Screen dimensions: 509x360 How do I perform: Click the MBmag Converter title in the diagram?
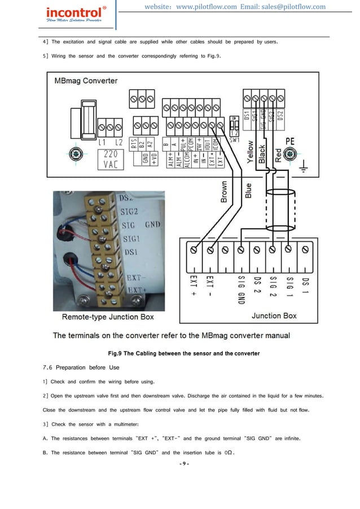[86, 81]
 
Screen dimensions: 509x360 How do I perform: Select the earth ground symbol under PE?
[305, 169]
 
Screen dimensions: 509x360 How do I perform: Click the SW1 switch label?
[235, 138]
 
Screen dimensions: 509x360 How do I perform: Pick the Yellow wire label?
[250, 152]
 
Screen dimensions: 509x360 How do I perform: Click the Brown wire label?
[223, 192]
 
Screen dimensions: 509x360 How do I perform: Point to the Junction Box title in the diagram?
[274, 316]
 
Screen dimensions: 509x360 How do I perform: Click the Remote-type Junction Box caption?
[107, 317]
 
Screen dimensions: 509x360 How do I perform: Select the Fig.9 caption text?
[180, 354]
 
